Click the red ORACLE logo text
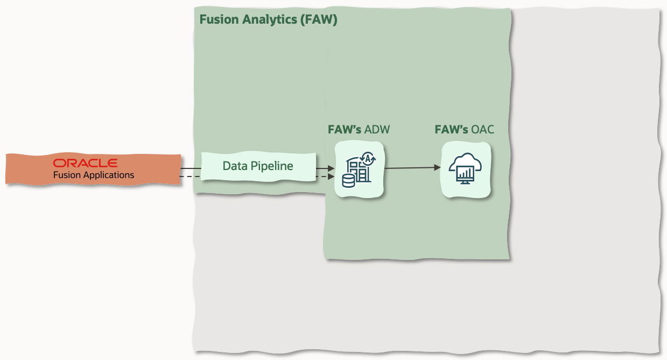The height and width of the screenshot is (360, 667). pyautogui.click(x=85, y=163)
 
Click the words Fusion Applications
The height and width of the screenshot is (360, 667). pyautogui.click(x=93, y=175)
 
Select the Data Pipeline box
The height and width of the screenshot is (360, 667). pyautogui.click(x=258, y=166)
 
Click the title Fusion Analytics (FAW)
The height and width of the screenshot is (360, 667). pyautogui.click(x=268, y=20)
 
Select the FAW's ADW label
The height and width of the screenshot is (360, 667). pyautogui.click(x=359, y=130)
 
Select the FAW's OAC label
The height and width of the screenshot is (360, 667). pyautogui.click(x=464, y=130)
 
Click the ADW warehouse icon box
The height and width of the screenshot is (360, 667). pyautogui.click(x=359, y=170)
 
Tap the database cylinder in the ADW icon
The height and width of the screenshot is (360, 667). pyautogui.click(x=348, y=180)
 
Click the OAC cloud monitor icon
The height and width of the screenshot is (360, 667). pyautogui.click(x=465, y=170)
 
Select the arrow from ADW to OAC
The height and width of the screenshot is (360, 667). pyautogui.click(x=412, y=168)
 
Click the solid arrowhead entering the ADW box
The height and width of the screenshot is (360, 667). pyautogui.click(x=331, y=169)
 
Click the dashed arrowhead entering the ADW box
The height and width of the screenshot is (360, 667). pyautogui.click(x=331, y=177)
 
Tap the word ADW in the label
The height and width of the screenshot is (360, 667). pyautogui.click(x=377, y=130)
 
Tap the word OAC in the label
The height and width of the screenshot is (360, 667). pyautogui.click(x=482, y=130)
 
